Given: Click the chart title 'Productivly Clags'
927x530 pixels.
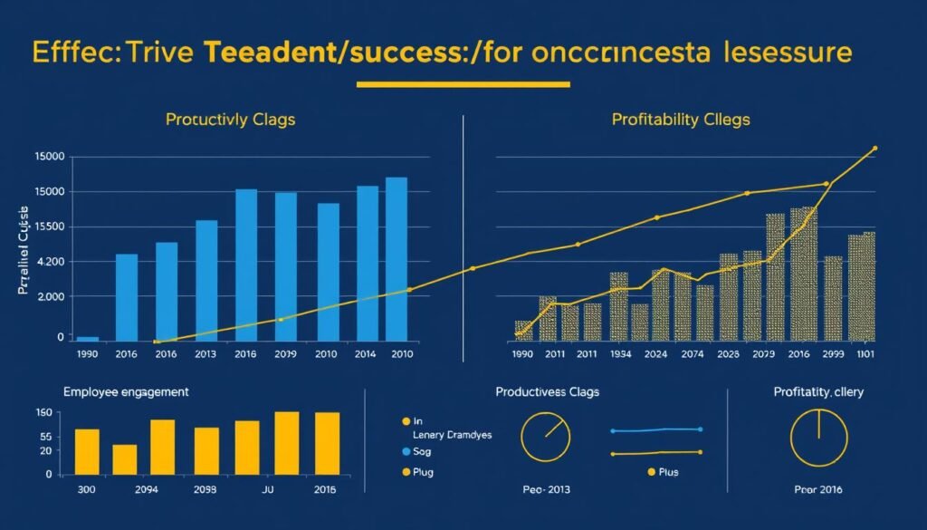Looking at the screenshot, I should [230, 120].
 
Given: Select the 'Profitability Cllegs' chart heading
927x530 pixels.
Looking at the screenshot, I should [681, 119].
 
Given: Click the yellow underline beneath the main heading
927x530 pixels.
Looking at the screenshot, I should [463, 85].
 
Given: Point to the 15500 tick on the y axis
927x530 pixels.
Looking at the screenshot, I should [45, 227].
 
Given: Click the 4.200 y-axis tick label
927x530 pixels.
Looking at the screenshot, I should [45, 263].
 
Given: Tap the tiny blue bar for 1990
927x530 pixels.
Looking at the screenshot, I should [88, 338].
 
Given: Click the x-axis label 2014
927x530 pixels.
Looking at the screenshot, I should [366, 354].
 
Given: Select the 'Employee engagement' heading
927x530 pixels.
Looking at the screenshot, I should [126, 392].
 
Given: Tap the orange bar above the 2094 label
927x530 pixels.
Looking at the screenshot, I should [125, 459].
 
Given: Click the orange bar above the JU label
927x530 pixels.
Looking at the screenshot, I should [247, 448].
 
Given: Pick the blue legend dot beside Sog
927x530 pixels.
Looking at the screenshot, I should [405, 450].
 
